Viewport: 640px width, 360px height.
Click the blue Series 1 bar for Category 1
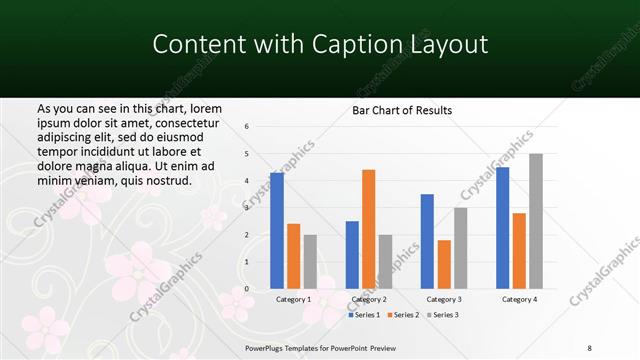click(x=277, y=230)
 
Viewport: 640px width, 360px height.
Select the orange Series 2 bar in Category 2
click(x=369, y=229)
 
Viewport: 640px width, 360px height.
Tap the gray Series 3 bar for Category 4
click(x=536, y=221)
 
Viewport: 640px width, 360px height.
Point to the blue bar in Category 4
click(x=502, y=227)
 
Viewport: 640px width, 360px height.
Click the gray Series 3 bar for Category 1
click(x=310, y=261)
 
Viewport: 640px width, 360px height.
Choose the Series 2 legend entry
click(x=403, y=315)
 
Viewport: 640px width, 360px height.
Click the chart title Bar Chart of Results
click(x=402, y=111)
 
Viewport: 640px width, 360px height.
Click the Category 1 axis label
click(x=293, y=299)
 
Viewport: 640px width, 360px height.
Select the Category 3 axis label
click(x=444, y=299)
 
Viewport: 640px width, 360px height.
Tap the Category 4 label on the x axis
click(x=519, y=299)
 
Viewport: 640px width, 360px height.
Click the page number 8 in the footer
click(x=590, y=347)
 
